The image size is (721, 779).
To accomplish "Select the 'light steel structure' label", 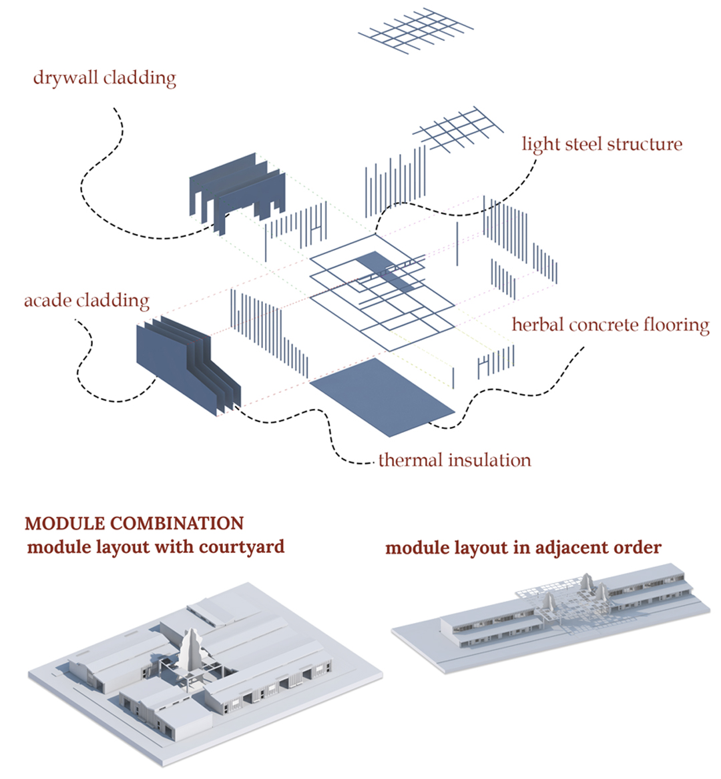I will pyautogui.click(x=602, y=144).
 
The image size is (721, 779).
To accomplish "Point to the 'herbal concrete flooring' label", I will pyautogui.click(x=610, y=325).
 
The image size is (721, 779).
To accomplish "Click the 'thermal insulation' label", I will pyautogui.click(x=455, y=460).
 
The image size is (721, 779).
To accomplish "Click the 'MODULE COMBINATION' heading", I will pyautogui.click(x=134, y=524).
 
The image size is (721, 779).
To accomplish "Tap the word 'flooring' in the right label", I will pyautogui.click(x=676, y=325).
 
